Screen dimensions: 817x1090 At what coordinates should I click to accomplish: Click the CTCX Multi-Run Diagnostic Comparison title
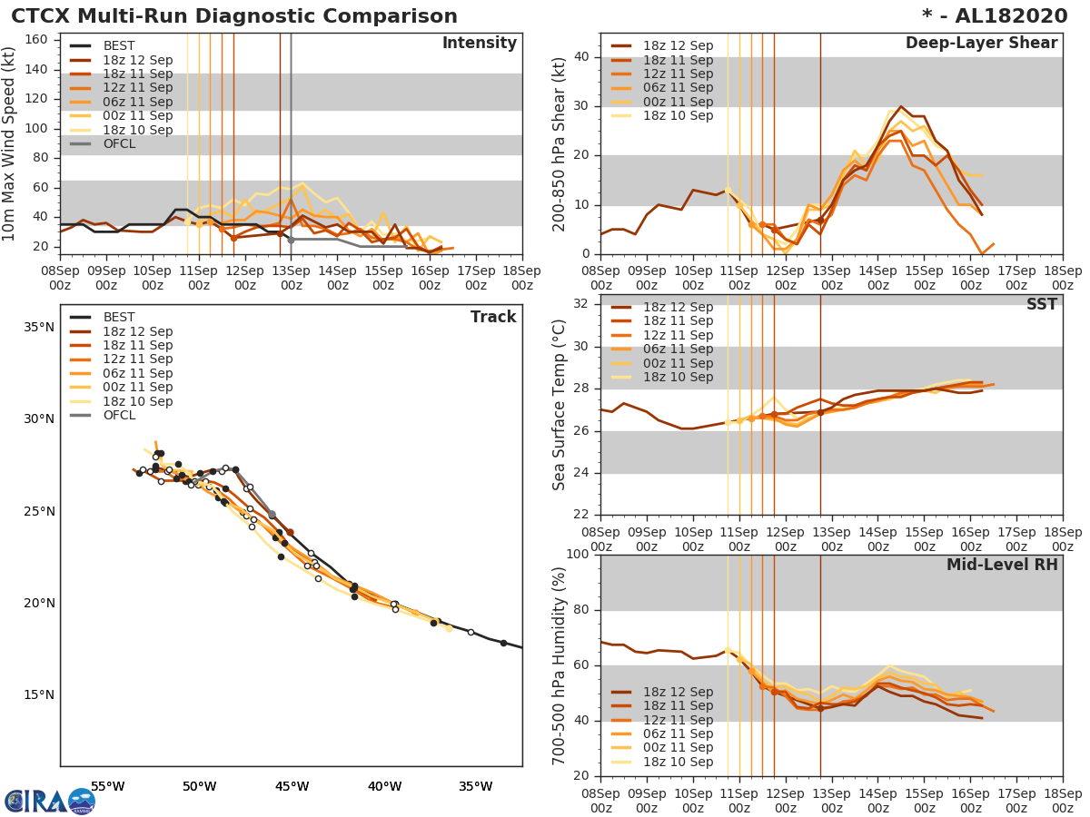pos(234,16)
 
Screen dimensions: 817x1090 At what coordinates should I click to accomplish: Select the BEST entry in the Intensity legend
pos(119,45)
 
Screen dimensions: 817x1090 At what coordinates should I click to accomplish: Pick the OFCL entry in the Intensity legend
pos(119,143)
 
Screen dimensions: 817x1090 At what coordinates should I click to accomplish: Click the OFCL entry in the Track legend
pos(119,415)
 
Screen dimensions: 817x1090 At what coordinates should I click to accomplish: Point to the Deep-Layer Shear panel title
pos(981,44)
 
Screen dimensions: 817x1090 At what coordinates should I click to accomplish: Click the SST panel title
pos(1041,305)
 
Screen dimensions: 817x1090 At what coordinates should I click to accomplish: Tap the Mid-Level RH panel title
pos(1002,565)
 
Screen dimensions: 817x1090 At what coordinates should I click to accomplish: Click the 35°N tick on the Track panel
pos(38,327)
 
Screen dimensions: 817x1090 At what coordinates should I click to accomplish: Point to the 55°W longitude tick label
pos(107,786)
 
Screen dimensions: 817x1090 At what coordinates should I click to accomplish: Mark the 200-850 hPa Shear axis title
pos(560,143)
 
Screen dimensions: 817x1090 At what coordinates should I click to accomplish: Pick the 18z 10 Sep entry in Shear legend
pos(678,115)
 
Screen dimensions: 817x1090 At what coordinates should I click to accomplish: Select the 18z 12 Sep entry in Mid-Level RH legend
pos(678,692)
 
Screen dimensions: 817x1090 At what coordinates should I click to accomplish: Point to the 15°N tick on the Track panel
pos(38,694)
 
